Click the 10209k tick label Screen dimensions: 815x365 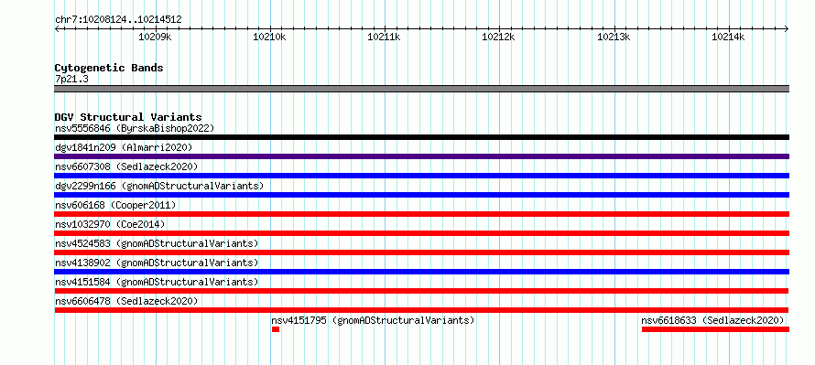pos(155,37)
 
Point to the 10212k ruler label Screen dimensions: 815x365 pos(499,37)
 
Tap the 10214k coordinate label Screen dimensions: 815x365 pos(728,37)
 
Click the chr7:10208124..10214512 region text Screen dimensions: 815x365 pos(118,20)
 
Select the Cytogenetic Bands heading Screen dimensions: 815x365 pos(109,68)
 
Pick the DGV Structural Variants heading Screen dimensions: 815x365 pos(128,117)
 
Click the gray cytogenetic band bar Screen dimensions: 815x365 pos(421,89)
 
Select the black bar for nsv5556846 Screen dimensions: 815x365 pos(421,137)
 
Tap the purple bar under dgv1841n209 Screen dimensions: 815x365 pos(421,156)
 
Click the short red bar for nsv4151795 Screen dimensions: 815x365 pos(276,329)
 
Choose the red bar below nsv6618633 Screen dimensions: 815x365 pos(715,329)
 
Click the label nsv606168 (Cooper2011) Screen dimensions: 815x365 pos(115,205)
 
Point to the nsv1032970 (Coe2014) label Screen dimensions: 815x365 pos(110,224)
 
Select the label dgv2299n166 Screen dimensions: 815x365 pos(85,186)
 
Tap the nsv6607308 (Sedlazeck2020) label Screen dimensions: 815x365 pos(126,166)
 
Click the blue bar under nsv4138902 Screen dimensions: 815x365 pos(421,272)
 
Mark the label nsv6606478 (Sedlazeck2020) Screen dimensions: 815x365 pos(126,301)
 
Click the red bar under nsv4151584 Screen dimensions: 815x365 pos(421,291)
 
